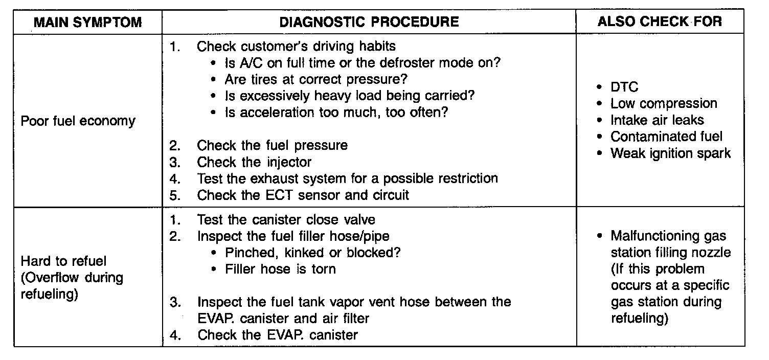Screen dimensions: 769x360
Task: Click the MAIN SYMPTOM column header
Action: [87, 22]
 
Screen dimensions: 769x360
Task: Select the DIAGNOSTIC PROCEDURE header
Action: [369, 22]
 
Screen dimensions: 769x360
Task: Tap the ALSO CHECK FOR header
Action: [660, 21]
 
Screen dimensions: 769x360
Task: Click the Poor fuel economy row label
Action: [78, 121]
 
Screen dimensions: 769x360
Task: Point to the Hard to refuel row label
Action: [63, 261]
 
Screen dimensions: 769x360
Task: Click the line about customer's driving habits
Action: [296, 47]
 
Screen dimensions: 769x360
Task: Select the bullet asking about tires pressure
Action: [316, 80]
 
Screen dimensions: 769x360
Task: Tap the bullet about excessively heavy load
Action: [350, 96]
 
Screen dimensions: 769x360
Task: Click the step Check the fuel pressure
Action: [272, 146]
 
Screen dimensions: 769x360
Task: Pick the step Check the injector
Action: [254, 162]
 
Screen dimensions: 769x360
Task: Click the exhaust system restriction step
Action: [347, 179]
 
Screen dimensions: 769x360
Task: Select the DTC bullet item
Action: [624, 87]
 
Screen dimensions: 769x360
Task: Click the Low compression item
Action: [664, 104]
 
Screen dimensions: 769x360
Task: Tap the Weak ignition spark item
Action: [670, 153]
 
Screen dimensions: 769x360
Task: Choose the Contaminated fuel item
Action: [666, 137]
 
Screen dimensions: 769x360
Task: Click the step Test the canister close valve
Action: [286, 220]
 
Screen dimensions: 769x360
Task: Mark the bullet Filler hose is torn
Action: [280, 269]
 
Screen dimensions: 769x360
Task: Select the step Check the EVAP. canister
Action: [278, 335]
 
